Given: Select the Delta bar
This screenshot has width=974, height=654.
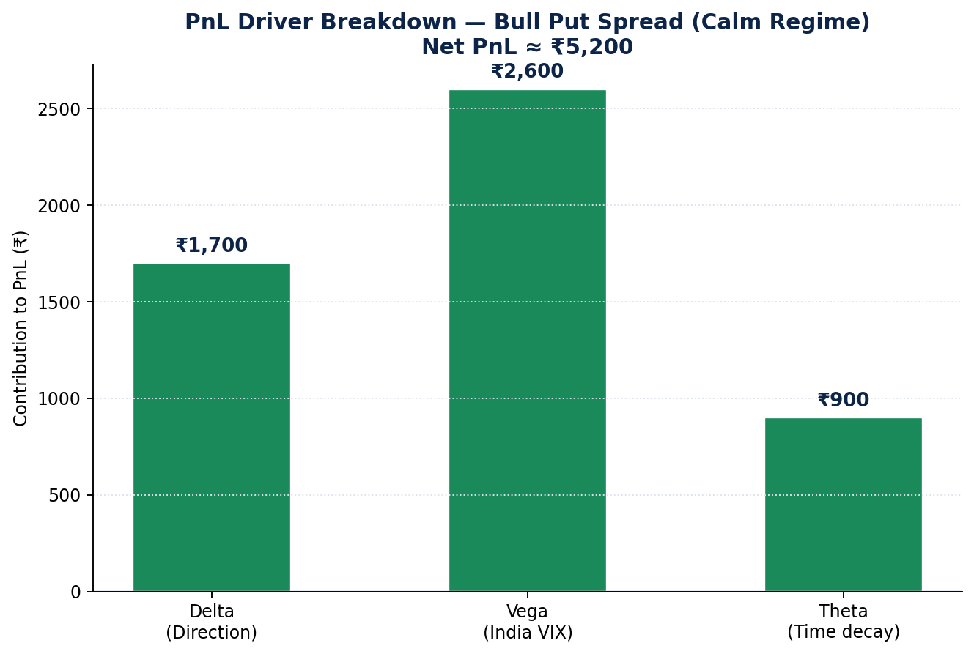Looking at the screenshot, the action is point(212,428).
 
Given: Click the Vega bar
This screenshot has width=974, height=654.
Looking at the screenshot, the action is point(528,341).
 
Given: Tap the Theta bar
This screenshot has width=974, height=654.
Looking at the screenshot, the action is point(843,505).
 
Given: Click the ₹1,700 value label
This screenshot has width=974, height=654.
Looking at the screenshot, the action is point(212,245).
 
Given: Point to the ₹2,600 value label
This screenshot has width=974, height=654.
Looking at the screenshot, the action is point(528,71).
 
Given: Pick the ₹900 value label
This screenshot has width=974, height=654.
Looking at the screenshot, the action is point(843,400).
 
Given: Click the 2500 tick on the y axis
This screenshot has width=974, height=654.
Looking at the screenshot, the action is point(59,110).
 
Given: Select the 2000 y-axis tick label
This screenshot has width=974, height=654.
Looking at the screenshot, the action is point(59,206).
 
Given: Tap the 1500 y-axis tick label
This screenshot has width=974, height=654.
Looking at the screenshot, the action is point(59,303).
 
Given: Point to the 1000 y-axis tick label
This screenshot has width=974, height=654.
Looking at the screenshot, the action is point(59,399).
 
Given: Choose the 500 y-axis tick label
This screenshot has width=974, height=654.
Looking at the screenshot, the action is point(64,496).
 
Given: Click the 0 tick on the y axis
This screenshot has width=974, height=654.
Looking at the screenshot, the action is point(75,592).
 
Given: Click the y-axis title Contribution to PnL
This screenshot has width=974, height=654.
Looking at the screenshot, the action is point(21,328).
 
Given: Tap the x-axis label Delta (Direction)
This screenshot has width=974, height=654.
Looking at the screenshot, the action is point(212,622).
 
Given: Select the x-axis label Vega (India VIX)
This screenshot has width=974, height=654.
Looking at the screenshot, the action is point(528,622).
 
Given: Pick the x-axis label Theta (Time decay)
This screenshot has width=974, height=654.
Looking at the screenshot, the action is point(843,622).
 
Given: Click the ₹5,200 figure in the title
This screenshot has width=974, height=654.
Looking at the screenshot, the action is point(591,47).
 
